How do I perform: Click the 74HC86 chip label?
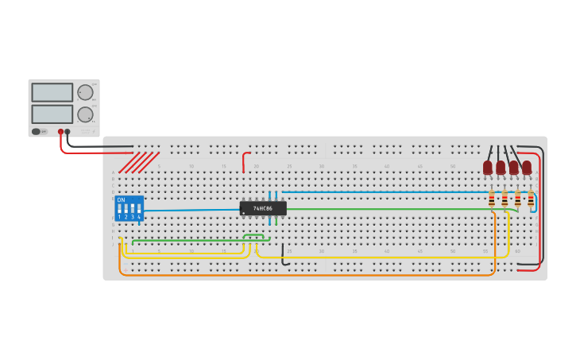tap(263, 208)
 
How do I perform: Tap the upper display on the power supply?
tap(52, 92)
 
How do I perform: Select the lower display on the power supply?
tap(52, 114)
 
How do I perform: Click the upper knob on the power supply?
tap(85, 92)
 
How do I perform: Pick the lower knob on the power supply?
tap(85, 114)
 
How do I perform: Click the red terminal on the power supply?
tap(60, 132)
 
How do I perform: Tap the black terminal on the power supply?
tap(68, 132)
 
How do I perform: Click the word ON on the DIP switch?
tap(121, 199)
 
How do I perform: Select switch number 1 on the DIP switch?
tap(120, 211)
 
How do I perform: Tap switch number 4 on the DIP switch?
tap(139, 211)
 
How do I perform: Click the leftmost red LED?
tap(488, 167)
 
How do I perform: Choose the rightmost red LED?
tap(527, 167)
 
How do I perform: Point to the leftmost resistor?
tap(492, 199)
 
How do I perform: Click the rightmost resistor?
tap(531, 199)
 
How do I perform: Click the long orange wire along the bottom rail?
tap(318, 275)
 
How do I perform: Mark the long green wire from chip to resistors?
tap(381, 209)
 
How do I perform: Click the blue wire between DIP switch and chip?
tap(191, 210)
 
